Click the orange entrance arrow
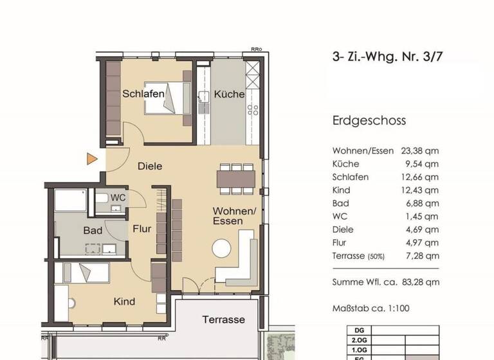[x=92, y=158]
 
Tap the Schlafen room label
[x=143, y=94]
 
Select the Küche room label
[x=230, y=94]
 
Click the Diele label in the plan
[x=150, y=166]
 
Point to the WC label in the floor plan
[x=118, y=197]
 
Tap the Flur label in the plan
[x=142, y=228]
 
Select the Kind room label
[x=124, y=301]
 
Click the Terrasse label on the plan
[x=223, y=319]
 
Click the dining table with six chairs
[x=236, y=177]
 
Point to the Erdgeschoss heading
[x=369, y=120]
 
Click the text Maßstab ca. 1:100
[x=371, y=308]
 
